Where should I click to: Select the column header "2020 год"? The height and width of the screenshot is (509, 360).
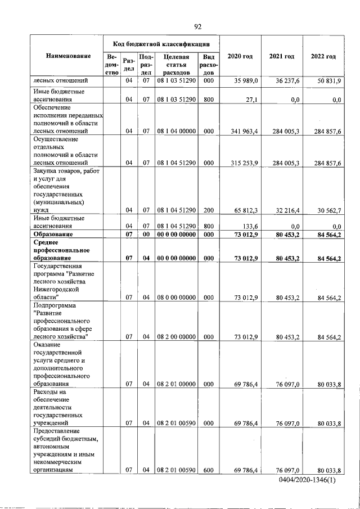(x=240, y=56)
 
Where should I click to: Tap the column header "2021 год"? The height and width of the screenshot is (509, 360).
(x=282, y=56)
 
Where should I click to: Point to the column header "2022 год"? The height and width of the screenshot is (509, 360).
(x=323, y=56)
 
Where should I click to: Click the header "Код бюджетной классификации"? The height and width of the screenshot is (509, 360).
(x=161, y=43)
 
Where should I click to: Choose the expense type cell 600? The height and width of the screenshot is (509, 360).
(x=209, y=470)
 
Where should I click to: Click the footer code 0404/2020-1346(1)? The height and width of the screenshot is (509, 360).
(x=310, y=481)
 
